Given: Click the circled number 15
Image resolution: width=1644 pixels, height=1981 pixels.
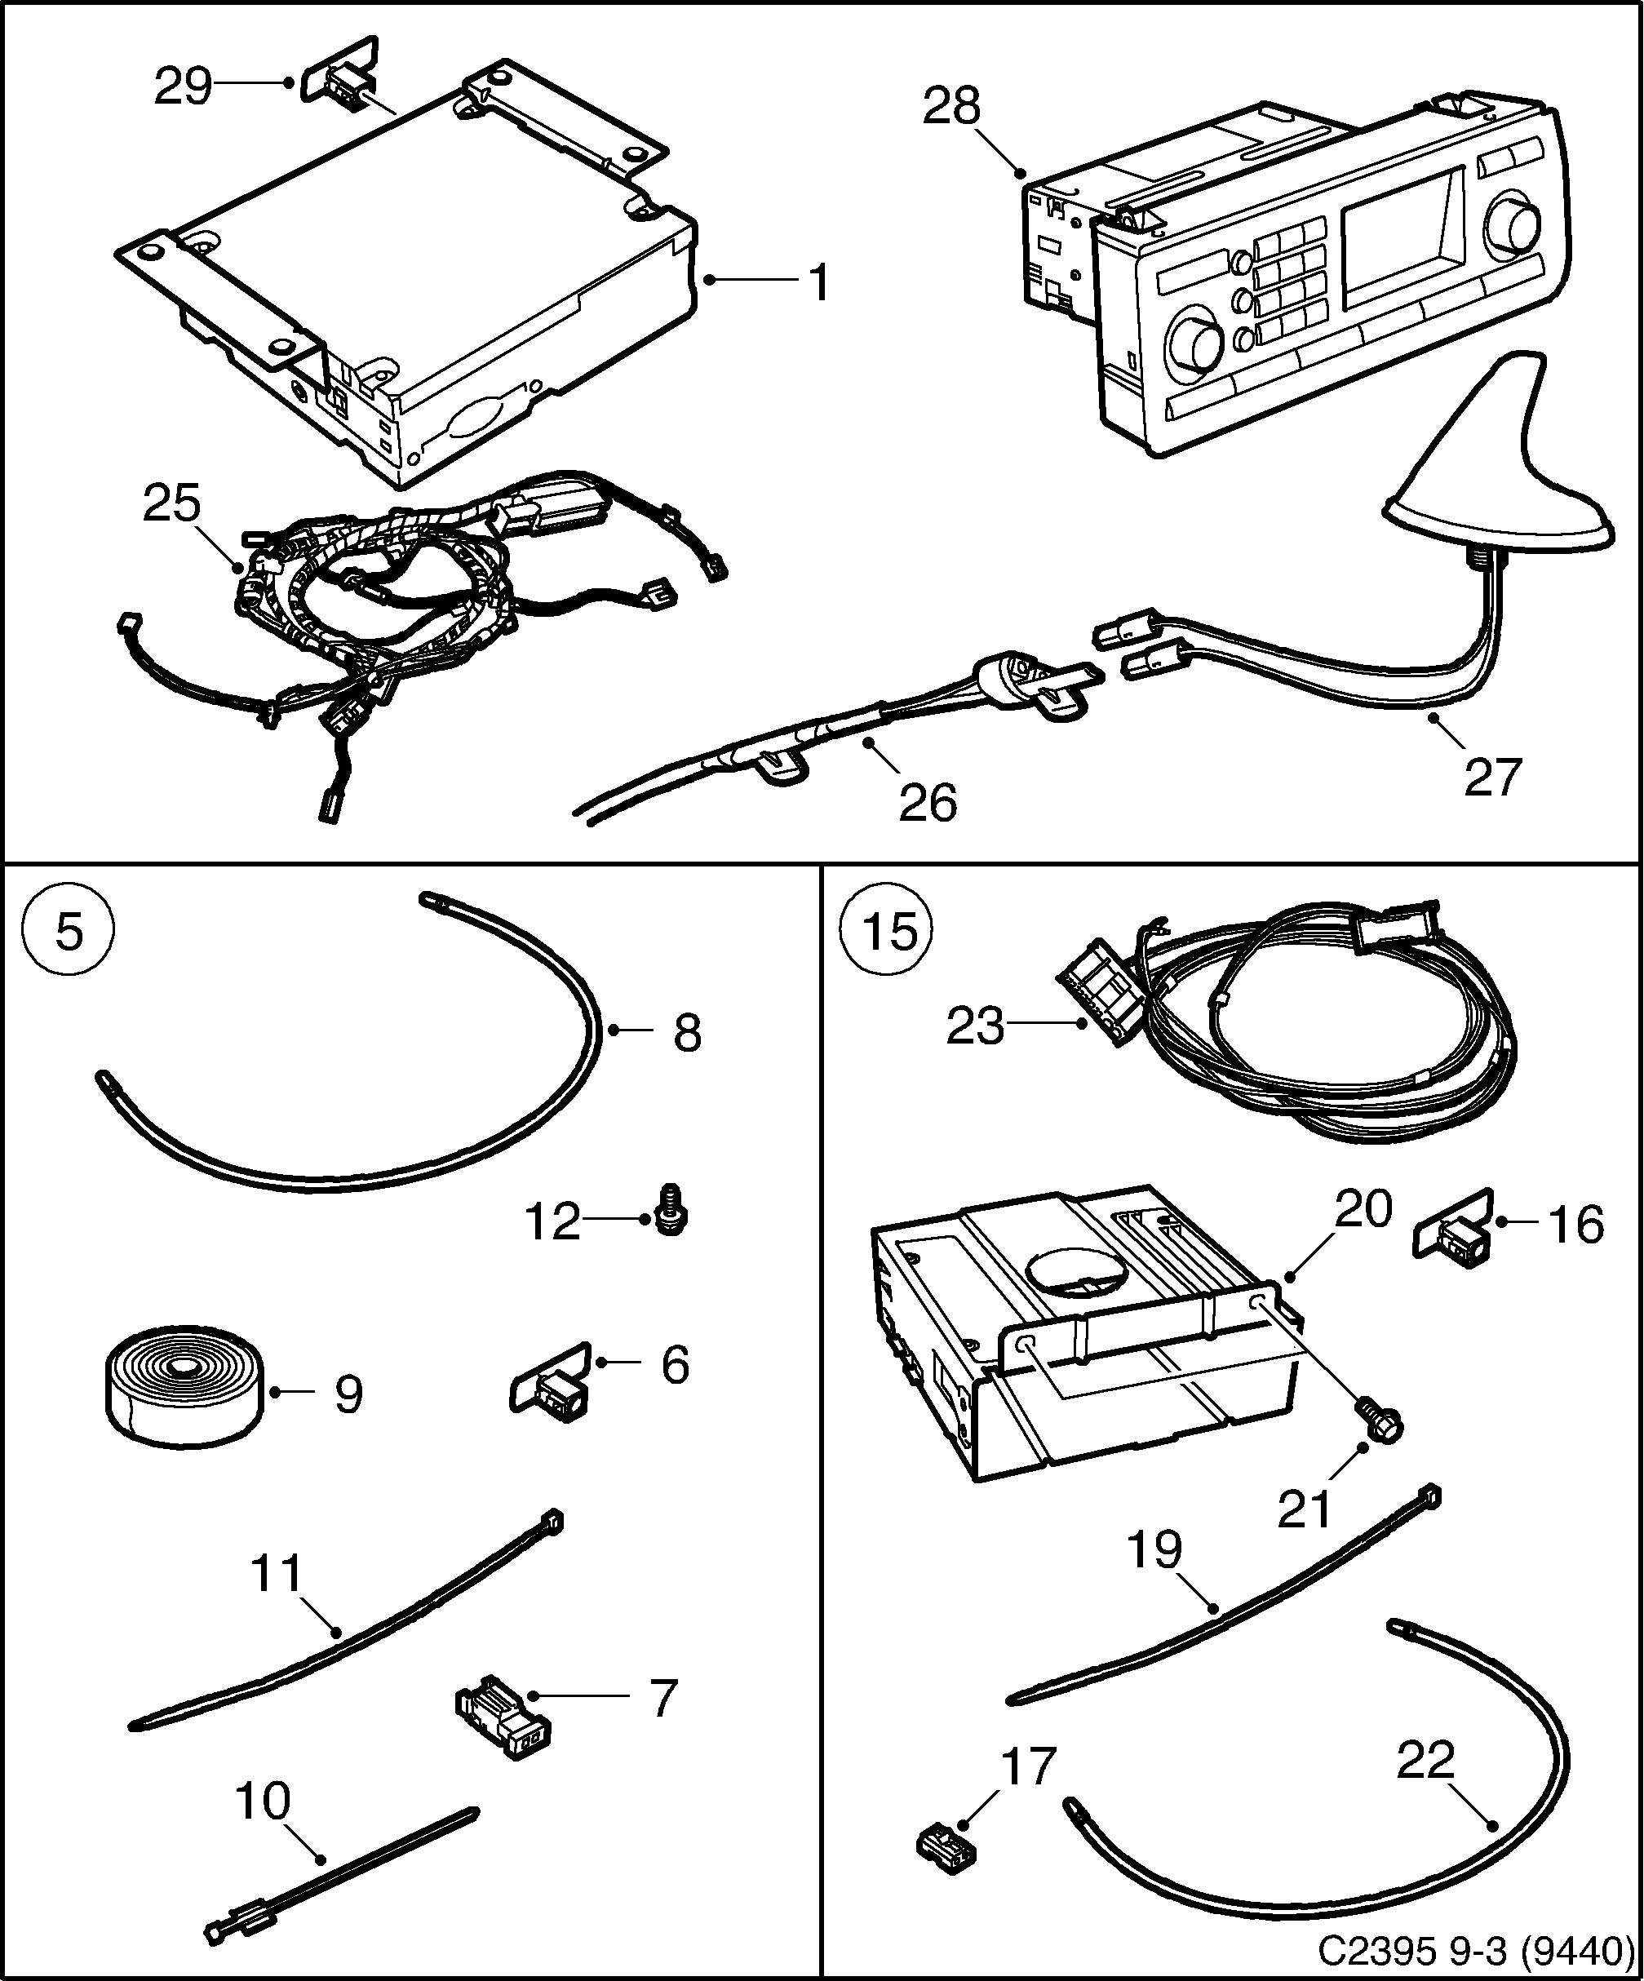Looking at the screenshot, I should click(889, 932).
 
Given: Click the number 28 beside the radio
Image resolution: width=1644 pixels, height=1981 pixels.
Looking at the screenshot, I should click(951, 107).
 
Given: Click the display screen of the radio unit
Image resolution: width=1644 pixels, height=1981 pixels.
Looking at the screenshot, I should click(1402, 231).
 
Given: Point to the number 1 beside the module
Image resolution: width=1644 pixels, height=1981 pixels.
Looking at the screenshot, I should click(818, 283).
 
